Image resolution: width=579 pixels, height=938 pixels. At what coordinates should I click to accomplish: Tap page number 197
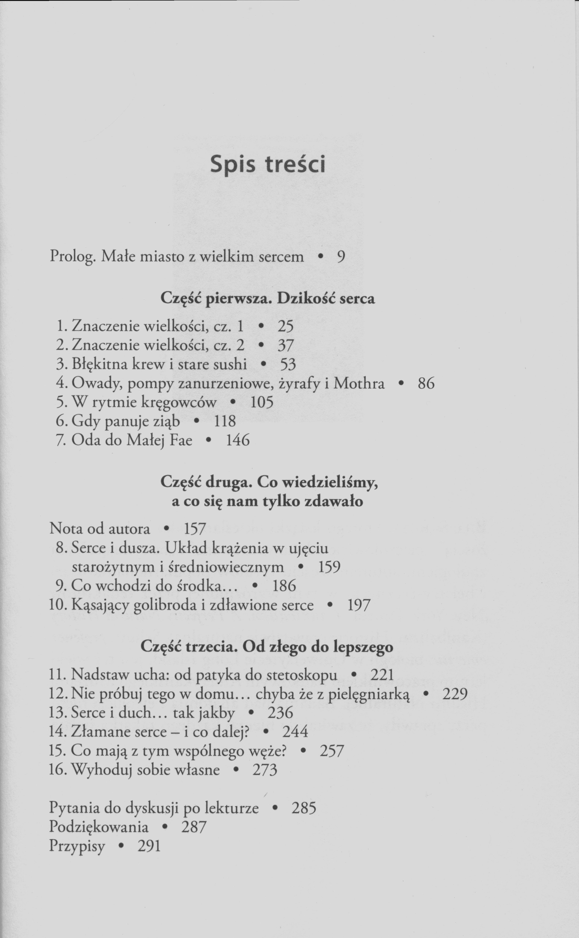[359, 605]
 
